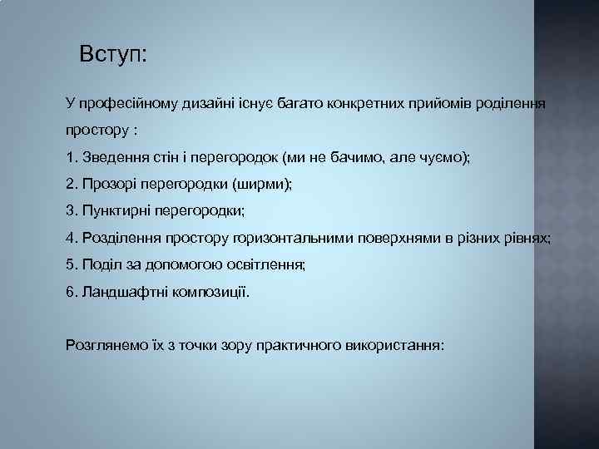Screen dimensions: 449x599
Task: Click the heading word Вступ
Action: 111,56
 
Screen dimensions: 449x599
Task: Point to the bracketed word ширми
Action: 265,184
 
